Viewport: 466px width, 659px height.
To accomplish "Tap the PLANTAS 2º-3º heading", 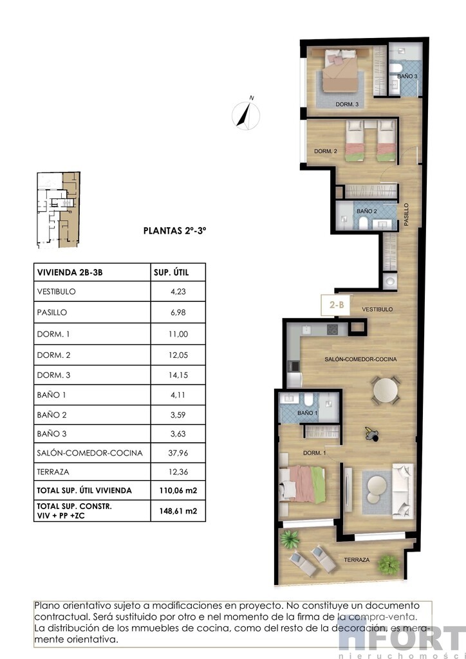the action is click(175, 231).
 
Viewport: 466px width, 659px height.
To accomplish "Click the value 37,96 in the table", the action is click(178, 453).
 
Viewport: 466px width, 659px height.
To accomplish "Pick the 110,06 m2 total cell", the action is click(178, 490).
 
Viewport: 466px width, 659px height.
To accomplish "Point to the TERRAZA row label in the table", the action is click(53, 472).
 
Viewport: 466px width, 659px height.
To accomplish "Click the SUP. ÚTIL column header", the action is click(171, 272).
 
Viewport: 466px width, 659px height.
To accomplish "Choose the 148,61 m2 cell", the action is click(178, 511).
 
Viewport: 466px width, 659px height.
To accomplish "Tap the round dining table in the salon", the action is click(386, 391).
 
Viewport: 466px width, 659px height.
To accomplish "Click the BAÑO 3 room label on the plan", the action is click(407, 77).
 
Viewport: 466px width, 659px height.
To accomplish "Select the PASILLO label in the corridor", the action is click(406, 215).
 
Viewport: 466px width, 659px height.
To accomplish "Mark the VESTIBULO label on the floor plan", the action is click(377, 310).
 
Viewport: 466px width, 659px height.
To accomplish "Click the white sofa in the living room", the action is click(402, 491).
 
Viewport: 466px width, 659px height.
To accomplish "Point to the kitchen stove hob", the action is click(332, 329).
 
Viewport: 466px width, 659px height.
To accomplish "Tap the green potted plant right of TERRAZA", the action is click(389, 564).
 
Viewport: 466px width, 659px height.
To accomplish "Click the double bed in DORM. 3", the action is click(342, 71).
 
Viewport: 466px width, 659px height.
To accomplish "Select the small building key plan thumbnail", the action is click(59, 210).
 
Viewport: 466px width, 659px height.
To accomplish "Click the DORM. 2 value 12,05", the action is click(178, 355).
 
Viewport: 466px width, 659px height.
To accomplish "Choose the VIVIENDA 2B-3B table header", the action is click(70, 272).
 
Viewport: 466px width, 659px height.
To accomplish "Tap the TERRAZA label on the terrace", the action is click(357, 560).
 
